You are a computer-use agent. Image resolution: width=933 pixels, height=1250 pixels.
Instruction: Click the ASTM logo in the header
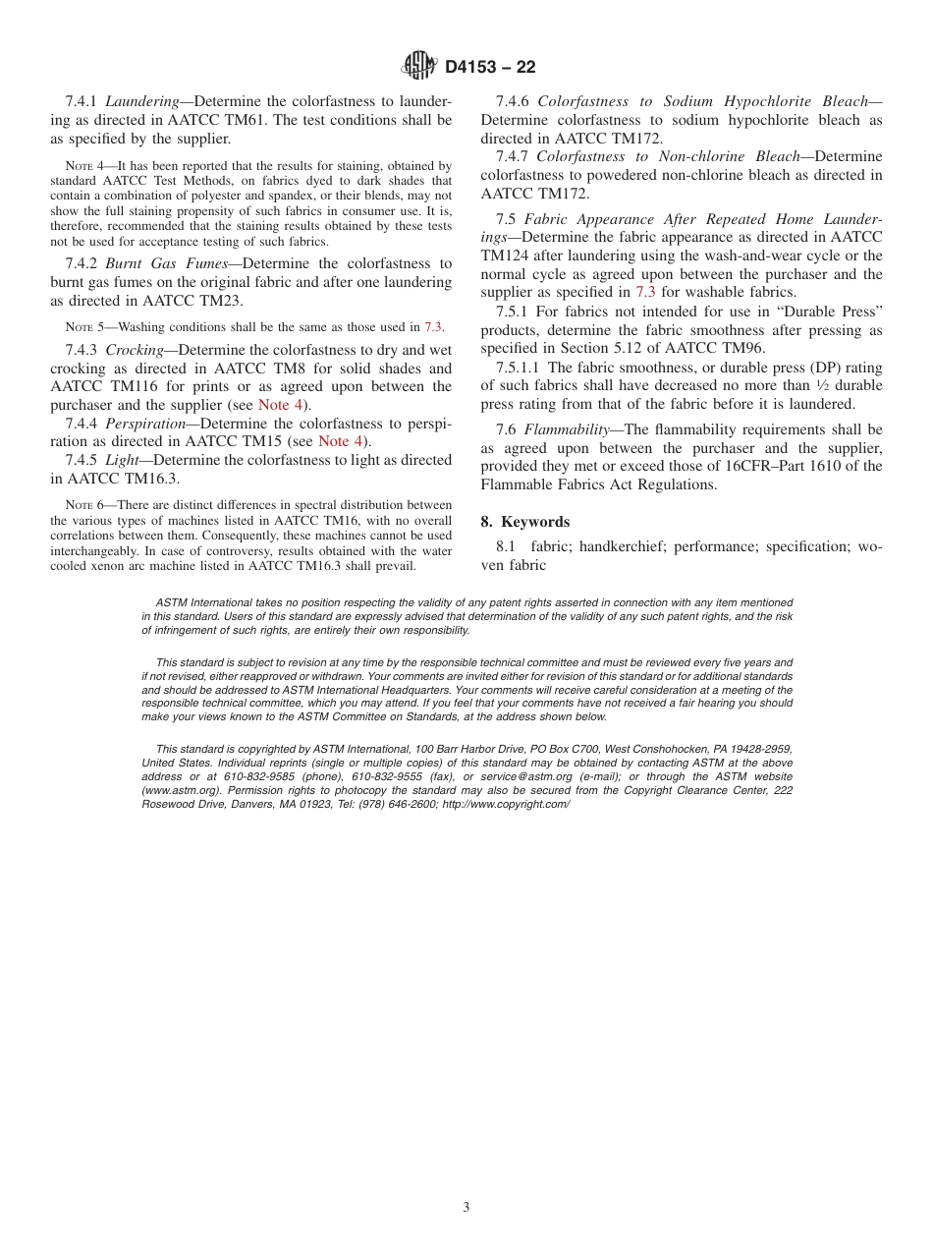tap(419, 66)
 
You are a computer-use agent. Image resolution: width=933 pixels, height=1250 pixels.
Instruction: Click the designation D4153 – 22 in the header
tap(490, 67)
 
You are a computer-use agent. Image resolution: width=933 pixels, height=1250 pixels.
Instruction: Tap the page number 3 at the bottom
tap(466, 1207)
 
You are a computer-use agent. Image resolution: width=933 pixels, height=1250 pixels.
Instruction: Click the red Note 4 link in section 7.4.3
tap(281, 405)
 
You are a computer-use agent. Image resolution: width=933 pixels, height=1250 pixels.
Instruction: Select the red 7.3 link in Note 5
tap(433, 327)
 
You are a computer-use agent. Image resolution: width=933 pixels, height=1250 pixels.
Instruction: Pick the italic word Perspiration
tap(144, 424)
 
